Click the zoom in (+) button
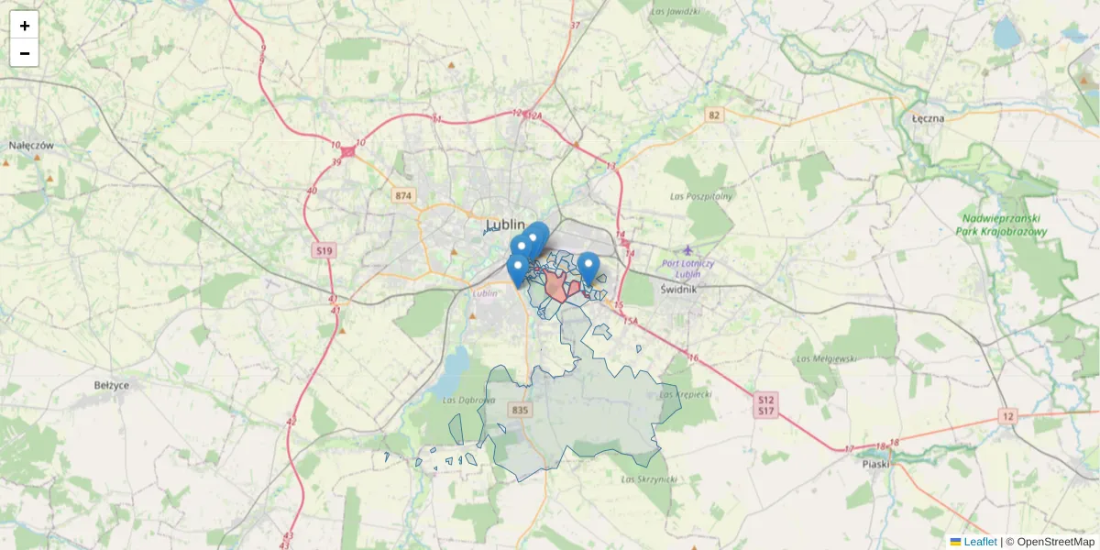(24, 26)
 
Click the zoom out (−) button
(24, 53)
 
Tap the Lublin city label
(505, 225)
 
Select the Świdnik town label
(679, 289)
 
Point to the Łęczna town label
(929, 118)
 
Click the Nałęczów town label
(32, 146)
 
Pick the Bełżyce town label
(112, 385)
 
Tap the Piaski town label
(876, 464)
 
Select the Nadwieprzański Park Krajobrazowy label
(1004, 225)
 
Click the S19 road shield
(324, 249)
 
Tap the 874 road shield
(403, 196)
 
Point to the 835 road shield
(522, 410)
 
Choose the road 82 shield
(714, 115)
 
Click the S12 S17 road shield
(767, 405)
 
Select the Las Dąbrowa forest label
(468, 400)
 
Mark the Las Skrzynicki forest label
(648, 479)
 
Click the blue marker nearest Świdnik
(589, 267)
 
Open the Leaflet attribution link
(979, 542)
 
